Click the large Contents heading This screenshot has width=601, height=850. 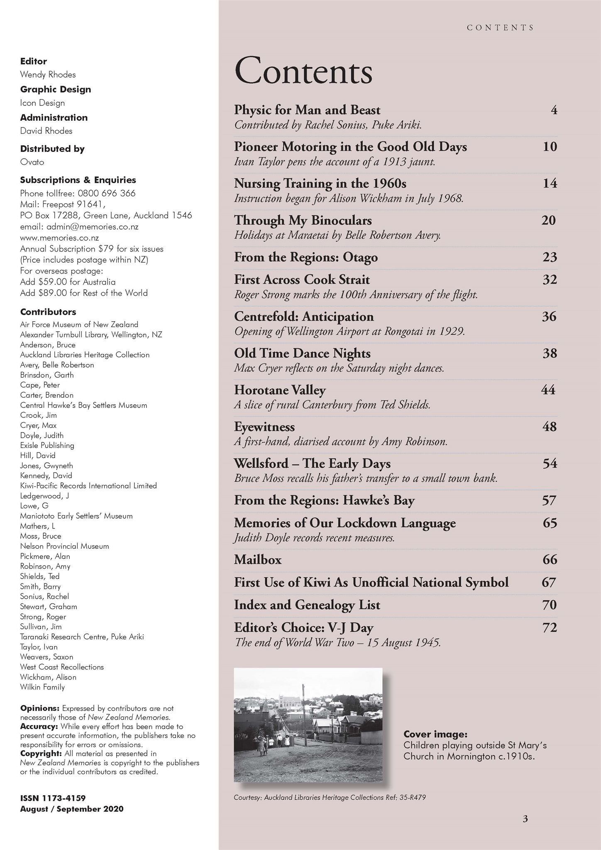[303, 72]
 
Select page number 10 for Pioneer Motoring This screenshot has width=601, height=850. [550, 147]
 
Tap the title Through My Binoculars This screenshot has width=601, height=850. [303, 220]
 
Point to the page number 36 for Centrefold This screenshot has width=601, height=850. [549, 317]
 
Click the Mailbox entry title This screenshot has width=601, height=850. [258, 560]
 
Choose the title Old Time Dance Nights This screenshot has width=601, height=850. [302, 354]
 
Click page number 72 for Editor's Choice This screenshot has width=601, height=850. [549, 628]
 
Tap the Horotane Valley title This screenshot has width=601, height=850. [280, 390]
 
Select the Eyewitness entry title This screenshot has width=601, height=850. [264, 427]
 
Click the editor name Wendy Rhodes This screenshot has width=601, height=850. [48, 75]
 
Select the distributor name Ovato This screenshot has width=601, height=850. [32, 162]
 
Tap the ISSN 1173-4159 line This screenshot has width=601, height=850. [53, 798]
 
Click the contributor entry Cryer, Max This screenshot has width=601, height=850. [38, 425]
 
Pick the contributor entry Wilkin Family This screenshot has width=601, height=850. [42, 687]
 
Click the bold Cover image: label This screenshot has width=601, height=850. [435, 734]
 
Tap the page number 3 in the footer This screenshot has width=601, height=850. [525, 819]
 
